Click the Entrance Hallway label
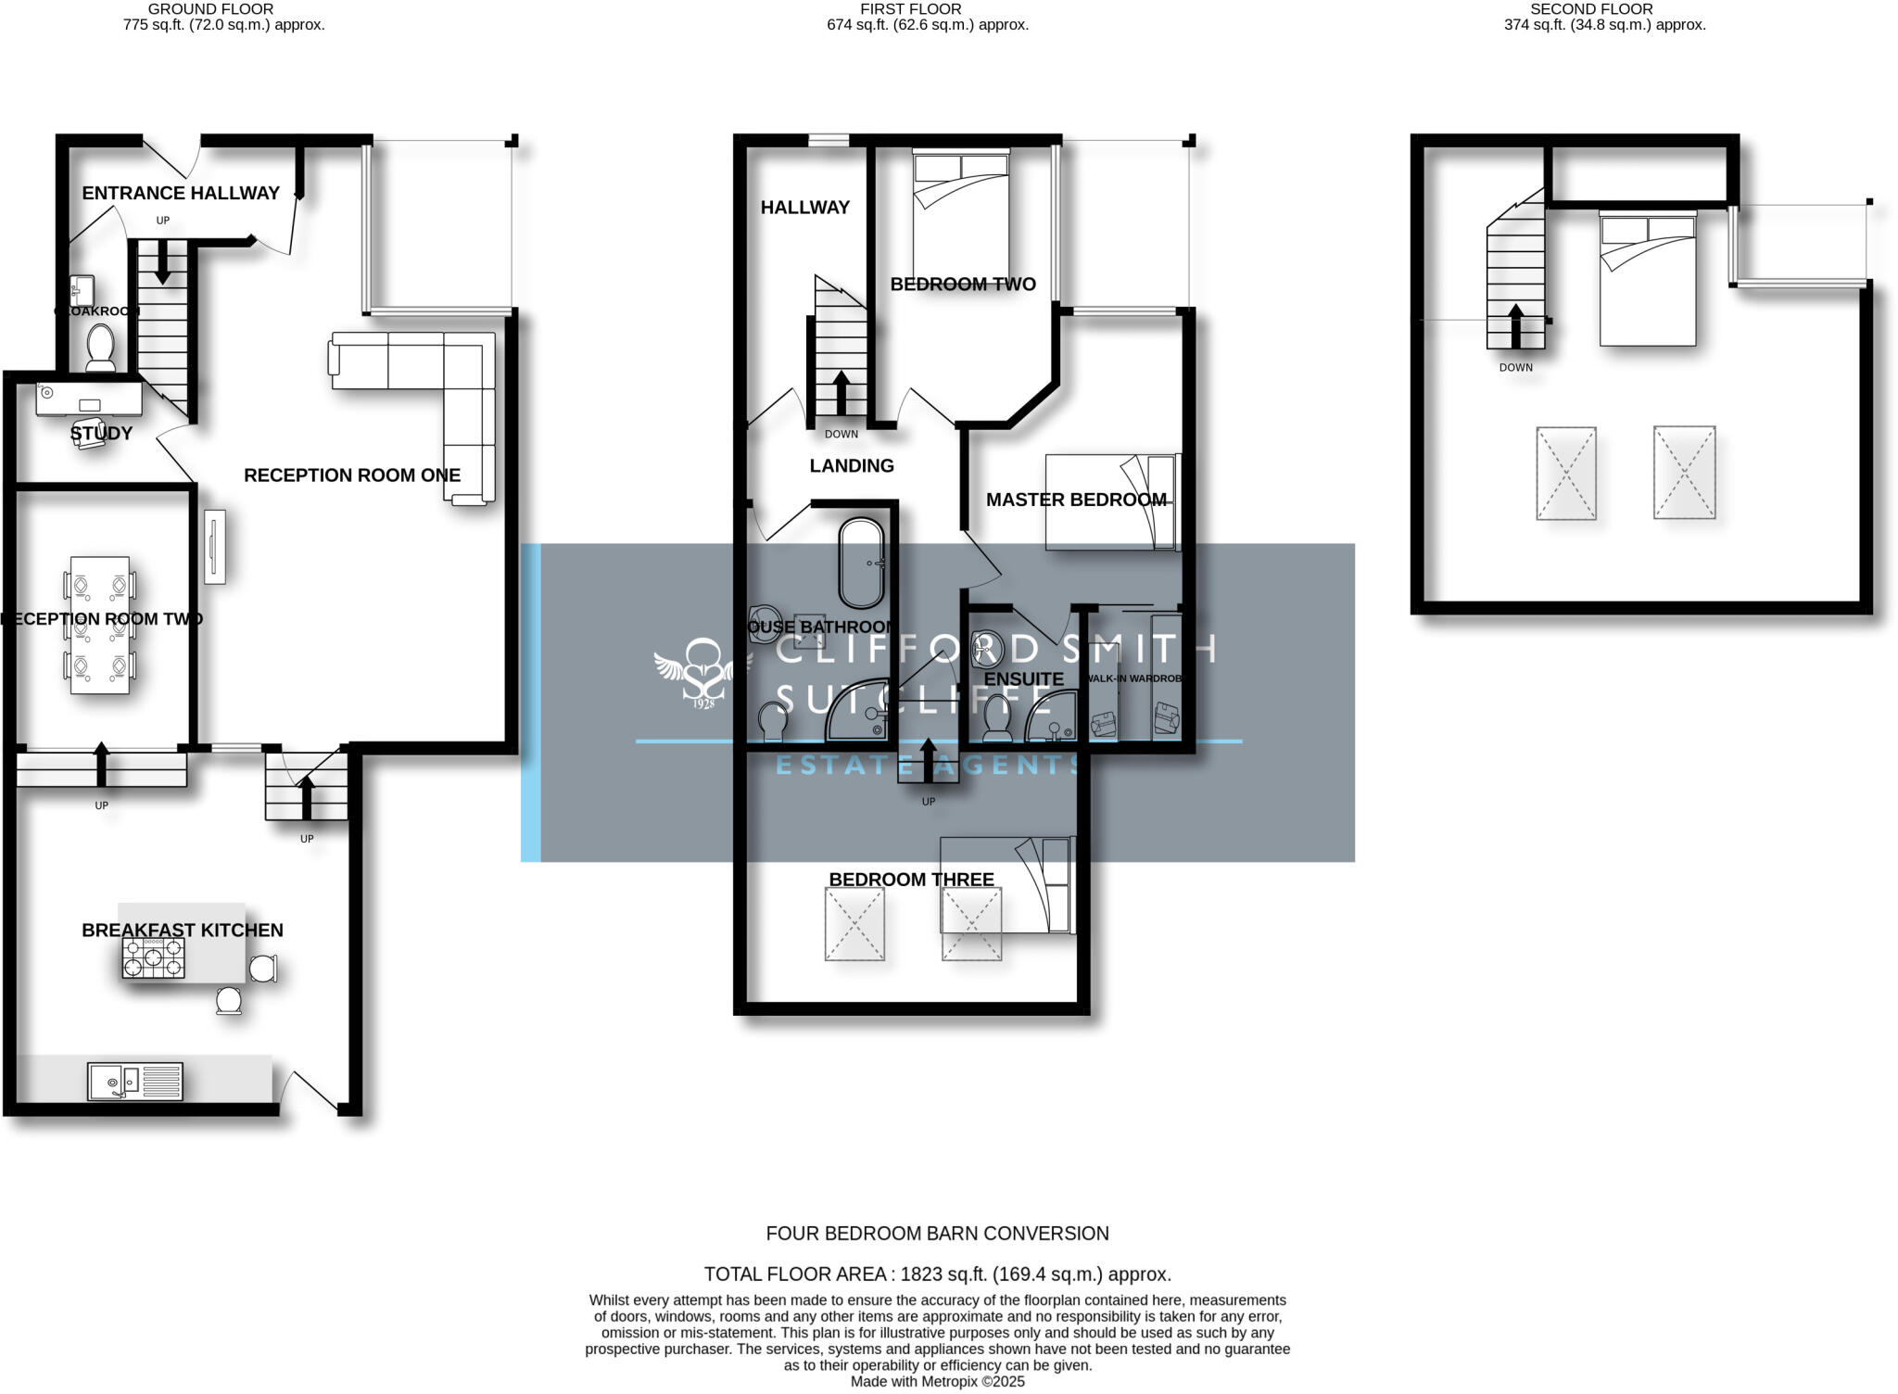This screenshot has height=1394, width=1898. pos(181,193)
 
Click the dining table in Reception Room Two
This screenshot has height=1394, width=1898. pos(100,625)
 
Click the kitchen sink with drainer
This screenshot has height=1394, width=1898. pos(135,1082)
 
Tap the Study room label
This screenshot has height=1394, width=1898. pos(101,433)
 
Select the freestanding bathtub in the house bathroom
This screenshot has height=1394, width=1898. pos(861,563)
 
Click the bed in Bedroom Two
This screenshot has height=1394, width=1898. pos(961,214)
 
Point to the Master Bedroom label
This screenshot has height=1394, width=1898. pos(1075,500)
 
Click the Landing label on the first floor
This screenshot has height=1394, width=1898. pos(852,465)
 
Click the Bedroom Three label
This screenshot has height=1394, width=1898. pos(911,879)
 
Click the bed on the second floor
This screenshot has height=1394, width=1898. pos(1648,279)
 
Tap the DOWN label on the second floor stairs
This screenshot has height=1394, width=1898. pos(1515,367)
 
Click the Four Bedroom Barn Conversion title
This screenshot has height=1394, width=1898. pos(937,1234)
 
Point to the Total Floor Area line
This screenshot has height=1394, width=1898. pos(937,1274)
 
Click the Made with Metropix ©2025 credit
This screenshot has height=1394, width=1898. pos(937,1381)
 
